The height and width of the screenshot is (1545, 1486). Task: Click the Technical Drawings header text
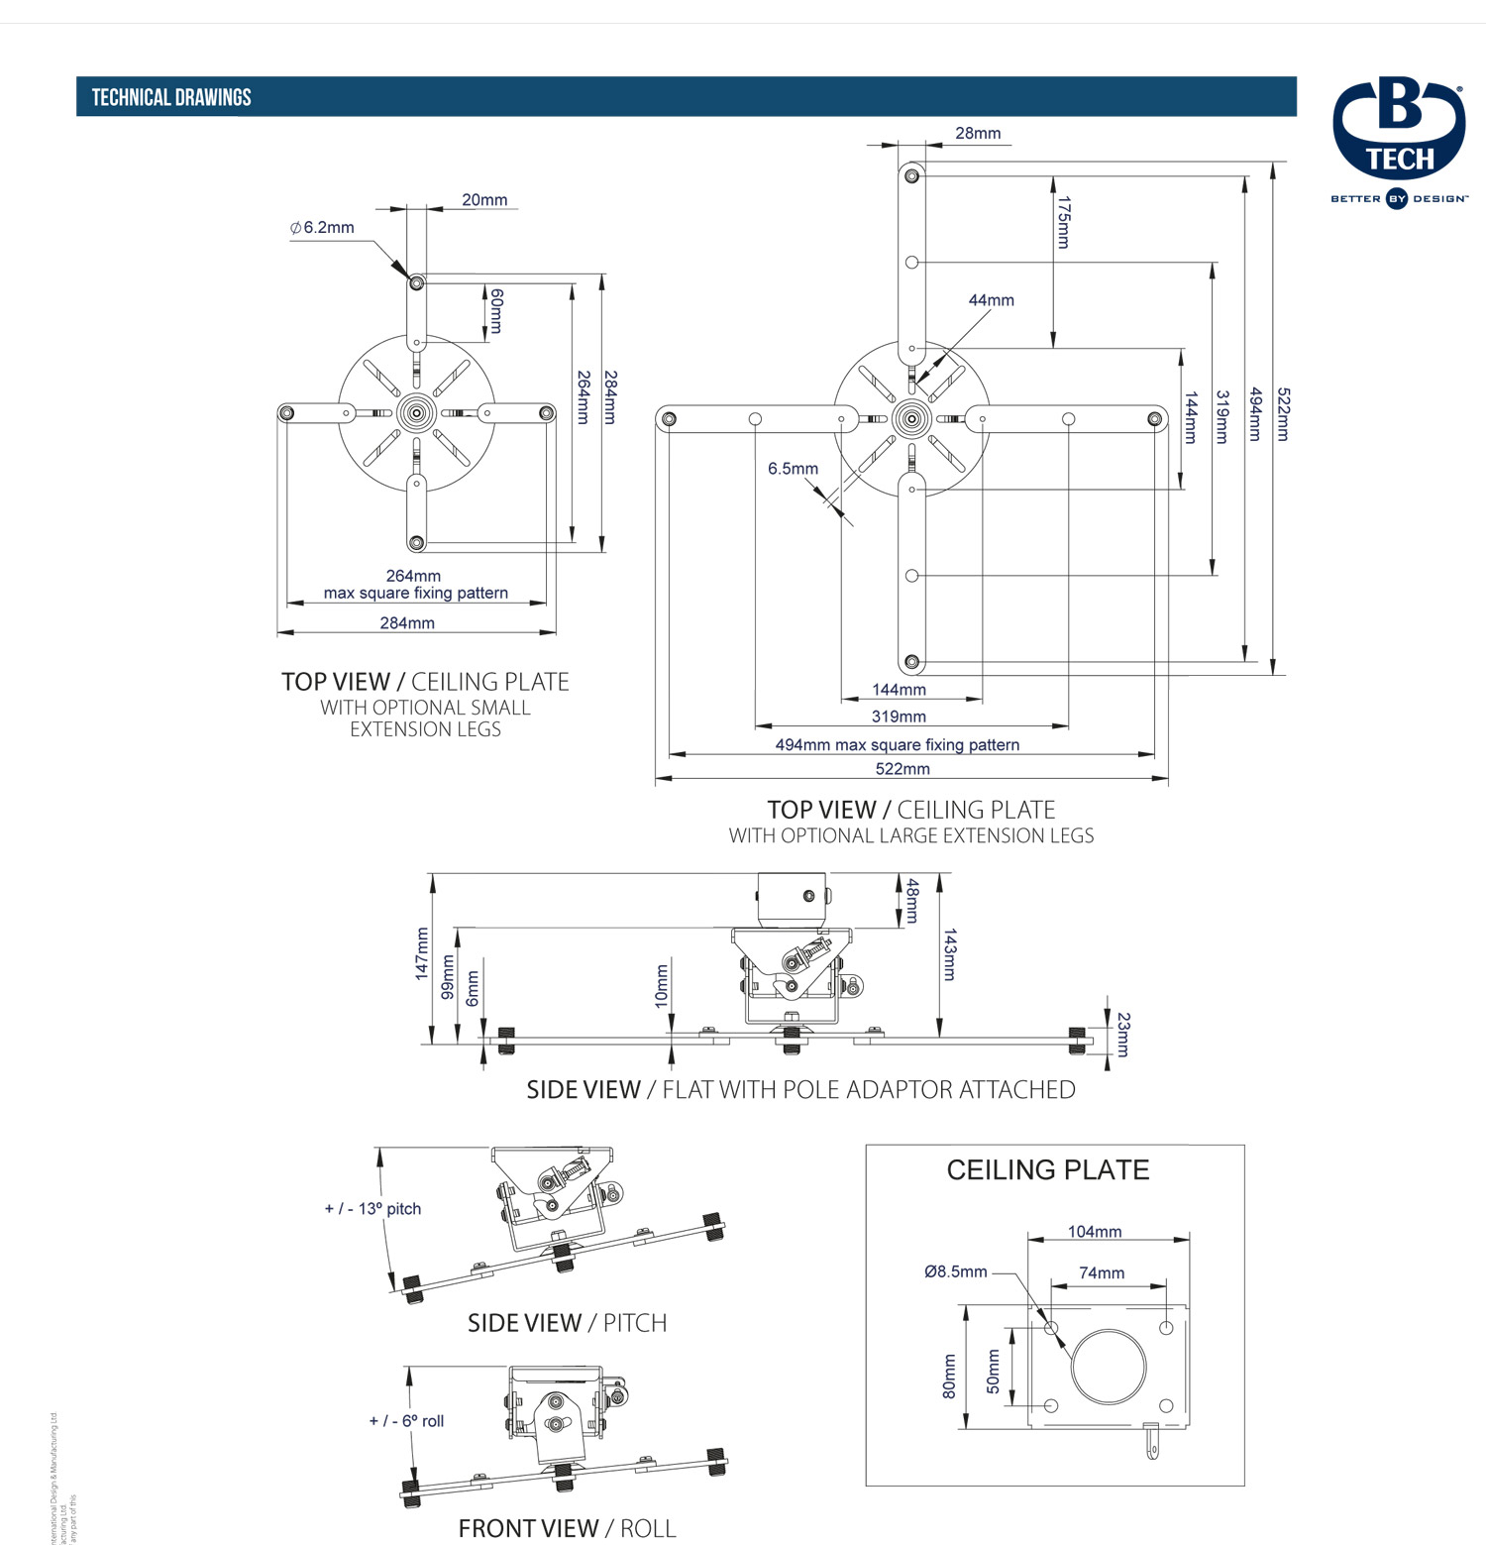(171, 97)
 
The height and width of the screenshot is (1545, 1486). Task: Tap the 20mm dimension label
(484, 200)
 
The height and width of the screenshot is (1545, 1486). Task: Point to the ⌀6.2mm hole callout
(322, 228)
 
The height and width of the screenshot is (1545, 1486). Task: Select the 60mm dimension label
(496, 311)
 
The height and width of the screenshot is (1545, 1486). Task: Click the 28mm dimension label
(978, 134)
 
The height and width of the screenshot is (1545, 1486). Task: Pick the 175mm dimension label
(1063, 222)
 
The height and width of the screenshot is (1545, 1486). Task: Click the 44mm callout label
(991, 300)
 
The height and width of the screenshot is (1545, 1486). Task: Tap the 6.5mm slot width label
(793, 469)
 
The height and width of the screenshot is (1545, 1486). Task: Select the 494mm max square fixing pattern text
(897, 744)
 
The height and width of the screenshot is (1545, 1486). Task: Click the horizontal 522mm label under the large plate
(902, 769)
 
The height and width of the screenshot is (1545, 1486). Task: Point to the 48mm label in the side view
(912, 901)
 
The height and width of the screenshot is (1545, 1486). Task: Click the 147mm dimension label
(422, 953)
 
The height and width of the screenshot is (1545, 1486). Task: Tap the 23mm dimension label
(1122, 1034)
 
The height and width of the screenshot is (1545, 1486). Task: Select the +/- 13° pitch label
(372, 1209)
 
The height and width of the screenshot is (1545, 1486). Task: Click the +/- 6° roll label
(406, 1421)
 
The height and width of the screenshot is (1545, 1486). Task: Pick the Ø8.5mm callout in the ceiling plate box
(955, 1271)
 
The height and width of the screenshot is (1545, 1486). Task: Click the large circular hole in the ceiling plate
(1109, 1367)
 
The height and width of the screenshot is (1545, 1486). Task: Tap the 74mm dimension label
(1101, 1273)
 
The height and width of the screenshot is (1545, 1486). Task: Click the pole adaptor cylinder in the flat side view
(791, 900)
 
